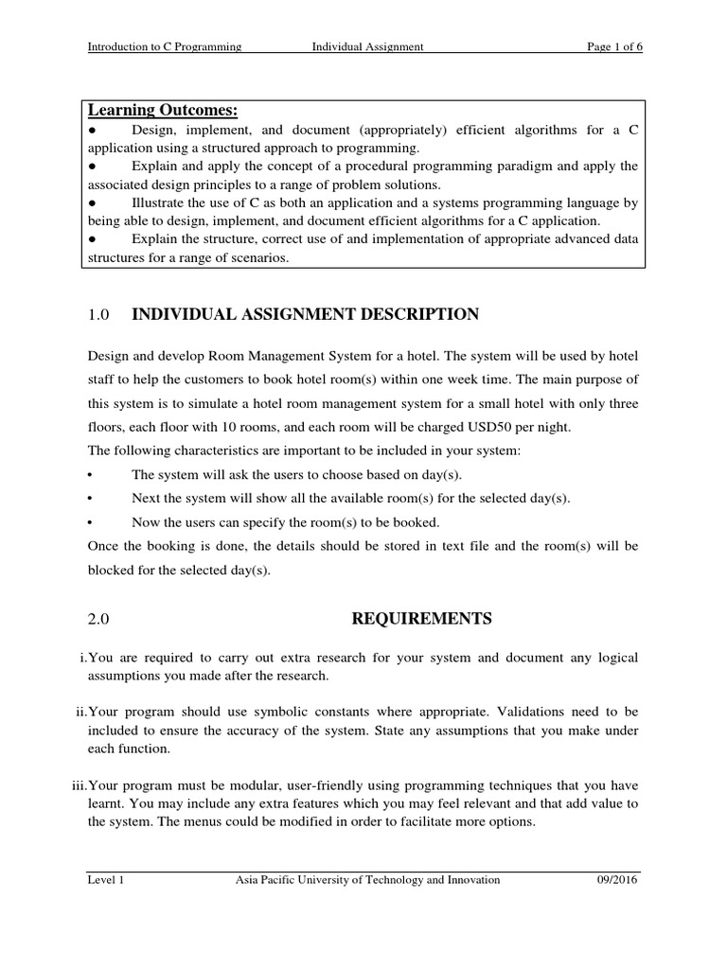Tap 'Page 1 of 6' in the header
coord(614,46)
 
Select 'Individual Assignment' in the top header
coord(368,46)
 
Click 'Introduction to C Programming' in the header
coord(165,46)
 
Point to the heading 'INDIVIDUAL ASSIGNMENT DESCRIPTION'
coord(305,314)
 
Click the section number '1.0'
coord(99,315)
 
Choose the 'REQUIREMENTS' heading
coord(422,619)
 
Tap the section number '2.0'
coord(99,620)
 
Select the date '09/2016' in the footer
coord(619,880)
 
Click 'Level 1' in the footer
coord(106,880)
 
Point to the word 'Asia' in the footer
coord(248,880)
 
